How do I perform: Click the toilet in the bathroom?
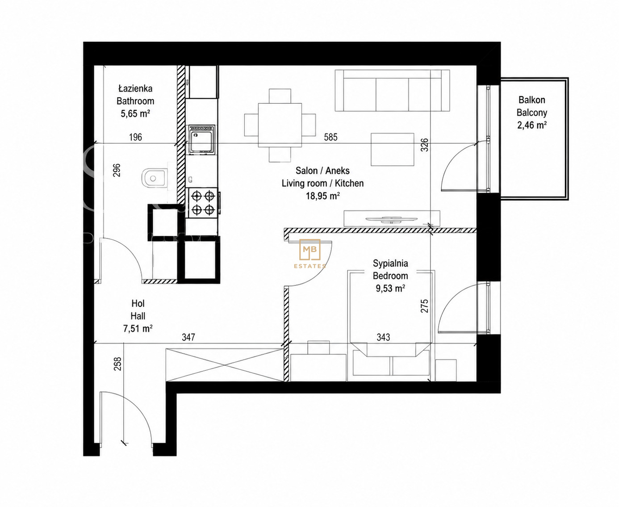pos(155,178)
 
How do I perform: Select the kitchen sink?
pos(202,140)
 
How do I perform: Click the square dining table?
pos(280,125)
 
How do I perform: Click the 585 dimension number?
pos(331,137)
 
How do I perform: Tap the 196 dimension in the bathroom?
pos(136,137)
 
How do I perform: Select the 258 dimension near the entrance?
pos(117,364)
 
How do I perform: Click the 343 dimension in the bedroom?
pos(383,337)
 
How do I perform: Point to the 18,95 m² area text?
pos(323,196)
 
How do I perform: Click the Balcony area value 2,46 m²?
pos(531,126)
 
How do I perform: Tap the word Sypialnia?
pos(390,264)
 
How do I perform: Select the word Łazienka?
pos(135,88)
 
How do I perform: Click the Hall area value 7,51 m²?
pos(138,328)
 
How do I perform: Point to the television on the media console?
pos(391,219)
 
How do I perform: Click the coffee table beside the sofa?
pos(393,150)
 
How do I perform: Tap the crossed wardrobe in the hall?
pos(225,365)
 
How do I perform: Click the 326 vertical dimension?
pos(424,145)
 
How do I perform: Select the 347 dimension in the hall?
pos(188,337)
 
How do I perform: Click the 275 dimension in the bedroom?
pos(424,306)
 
